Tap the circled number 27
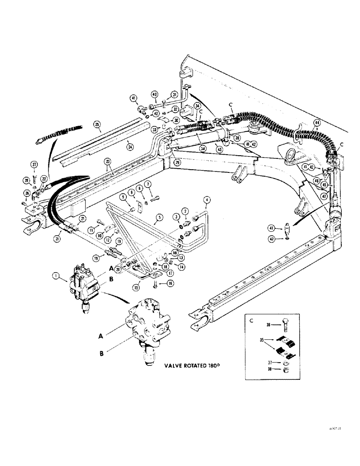point(34,164)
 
